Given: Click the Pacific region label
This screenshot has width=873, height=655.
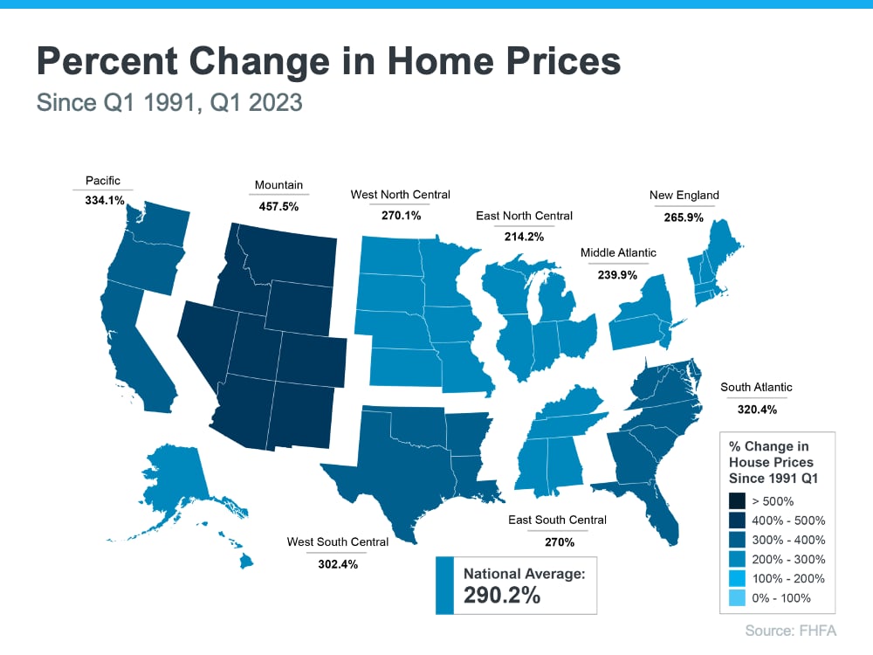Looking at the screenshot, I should pos(103,181).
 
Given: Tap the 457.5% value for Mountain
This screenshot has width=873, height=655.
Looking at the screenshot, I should pos(279,207).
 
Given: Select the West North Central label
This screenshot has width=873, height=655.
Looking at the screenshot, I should pos(400,195).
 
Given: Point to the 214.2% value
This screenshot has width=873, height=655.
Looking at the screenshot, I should pos(524,236).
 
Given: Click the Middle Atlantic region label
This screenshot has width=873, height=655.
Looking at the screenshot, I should pos(618,253).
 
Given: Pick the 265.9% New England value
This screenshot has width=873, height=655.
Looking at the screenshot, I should pos(684,217).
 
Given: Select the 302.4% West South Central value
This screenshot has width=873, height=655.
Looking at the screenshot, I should pos(337,564).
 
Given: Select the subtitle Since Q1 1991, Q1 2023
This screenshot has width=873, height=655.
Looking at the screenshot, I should pos(169,103).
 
